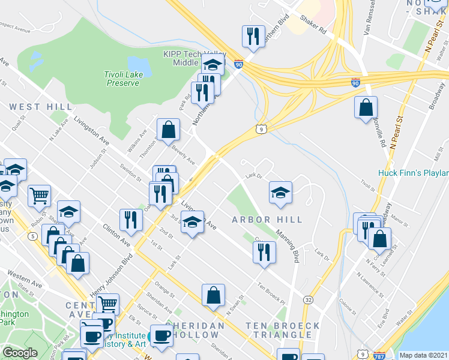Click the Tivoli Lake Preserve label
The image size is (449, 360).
(x=123, y=79)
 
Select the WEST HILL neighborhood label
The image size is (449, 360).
(x=33, y=107)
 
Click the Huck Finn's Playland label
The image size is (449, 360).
(x=414, y=173)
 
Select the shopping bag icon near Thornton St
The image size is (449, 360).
(x=169, y=129)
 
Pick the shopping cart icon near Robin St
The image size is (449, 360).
(x=40, y=195)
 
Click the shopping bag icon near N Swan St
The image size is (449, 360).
(x=213, y=295)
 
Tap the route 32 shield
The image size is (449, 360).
(x=308, y=299)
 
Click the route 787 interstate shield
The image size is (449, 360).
(x=378, y=355)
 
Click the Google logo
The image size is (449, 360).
(x=20, y=353)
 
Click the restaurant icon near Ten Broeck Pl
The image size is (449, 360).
(x=264, y=253)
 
